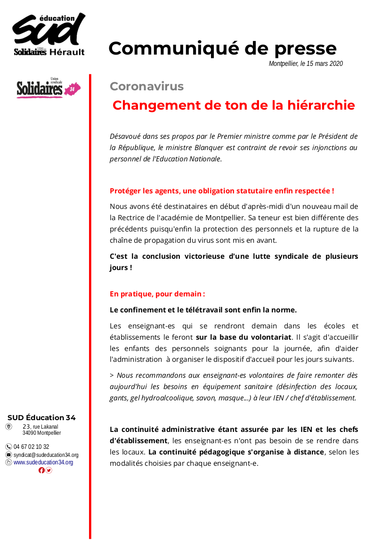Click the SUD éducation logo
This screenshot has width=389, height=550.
(49, 34)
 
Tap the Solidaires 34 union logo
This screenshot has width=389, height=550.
(49, 88)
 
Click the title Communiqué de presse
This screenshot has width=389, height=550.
(222, 48)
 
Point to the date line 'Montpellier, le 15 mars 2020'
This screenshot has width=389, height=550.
(306, 64)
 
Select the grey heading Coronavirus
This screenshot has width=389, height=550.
(146, 87)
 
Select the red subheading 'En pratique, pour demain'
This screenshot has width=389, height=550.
(157, 294)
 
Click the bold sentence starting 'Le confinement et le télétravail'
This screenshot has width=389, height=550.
(203, 310)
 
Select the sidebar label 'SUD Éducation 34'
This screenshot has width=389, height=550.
(41, 417)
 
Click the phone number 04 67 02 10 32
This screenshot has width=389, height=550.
(31, 447)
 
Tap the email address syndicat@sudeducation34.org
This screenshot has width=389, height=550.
(46, 455)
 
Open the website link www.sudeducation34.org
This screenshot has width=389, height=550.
(43, 462)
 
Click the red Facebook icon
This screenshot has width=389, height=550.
(41, 470)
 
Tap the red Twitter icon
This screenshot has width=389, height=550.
(49, 470)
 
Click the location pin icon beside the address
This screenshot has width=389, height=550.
(8, 427)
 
